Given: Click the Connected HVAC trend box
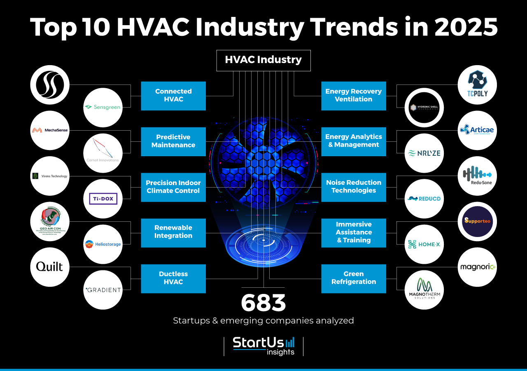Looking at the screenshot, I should [x=173, y=96].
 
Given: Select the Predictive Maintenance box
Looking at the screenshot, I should [x=173, y=141].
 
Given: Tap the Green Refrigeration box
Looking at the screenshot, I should [x=354, y=278].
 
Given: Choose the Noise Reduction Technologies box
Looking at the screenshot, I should [x=354, y=187].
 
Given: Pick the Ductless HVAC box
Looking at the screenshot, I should [x=173, y=278].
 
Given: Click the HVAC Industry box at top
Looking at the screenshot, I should [x=263, y=60].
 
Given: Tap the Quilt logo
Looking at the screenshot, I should [x=50, y=267].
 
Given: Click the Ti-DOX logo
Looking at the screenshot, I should [x=103, y=199].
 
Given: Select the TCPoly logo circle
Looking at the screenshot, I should [x=478, y=85].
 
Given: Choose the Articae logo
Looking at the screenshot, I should [x=478, y=130].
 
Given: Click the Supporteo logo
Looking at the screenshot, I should [x=478, y=221].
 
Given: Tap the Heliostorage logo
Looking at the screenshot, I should [x=103, y=244].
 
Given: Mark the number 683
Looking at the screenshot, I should [x=263, y=303].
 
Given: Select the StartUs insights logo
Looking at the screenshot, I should [x=263, y=346].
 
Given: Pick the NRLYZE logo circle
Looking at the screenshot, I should [x=424, y=153].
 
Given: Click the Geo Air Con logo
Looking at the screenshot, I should [x=50, y=221].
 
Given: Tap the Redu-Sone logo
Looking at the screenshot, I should [x=478, y=176].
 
